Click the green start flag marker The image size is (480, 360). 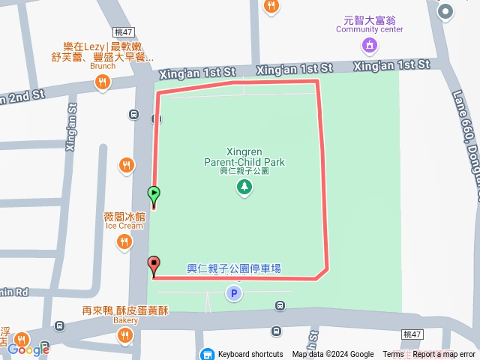pos(154,195)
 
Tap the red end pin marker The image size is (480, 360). pos(154,265)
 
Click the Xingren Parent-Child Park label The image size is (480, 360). pos(244,156)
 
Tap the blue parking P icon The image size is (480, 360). pos(234,293)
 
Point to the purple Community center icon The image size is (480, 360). pos(369,46)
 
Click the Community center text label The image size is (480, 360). pos(369,29)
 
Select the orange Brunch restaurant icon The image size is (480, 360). pos(103,83)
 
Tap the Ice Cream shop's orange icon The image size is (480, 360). pos(124,241)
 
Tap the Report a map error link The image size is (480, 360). pos(444,355)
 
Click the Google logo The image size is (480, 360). pos(28,349)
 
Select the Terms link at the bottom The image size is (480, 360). pos(393,355)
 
